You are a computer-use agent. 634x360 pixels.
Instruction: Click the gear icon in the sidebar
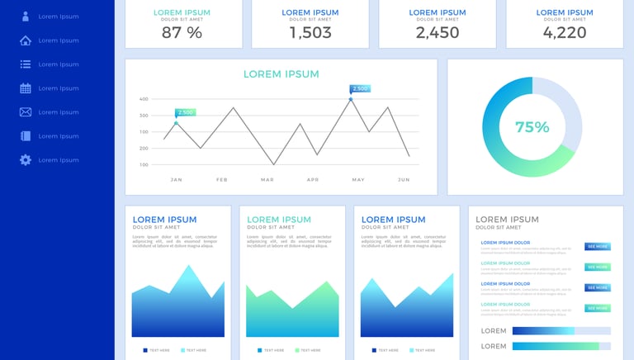click(x=26, y=160)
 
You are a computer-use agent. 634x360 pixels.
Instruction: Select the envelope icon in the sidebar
click(x=26, y=112)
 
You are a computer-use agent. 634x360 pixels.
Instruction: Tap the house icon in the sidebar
click(x=26, y=40)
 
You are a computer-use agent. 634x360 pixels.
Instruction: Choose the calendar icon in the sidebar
click(x=26, y=88)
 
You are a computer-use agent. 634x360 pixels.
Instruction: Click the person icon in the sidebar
click(x=26, y=17)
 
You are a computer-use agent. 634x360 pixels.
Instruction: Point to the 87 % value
click(x=182, y=32)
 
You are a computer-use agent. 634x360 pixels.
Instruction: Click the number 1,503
click(x=310, y=32)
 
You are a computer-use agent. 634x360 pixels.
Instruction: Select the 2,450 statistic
click(x=438, y=32)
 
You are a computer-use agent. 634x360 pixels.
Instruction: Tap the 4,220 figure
click(x=565, y=32)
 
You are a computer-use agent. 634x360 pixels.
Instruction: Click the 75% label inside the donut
click(x=532, y=127)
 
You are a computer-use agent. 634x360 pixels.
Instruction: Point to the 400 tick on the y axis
click(x=144, y=99)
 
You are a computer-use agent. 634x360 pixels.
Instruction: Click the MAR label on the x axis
click(x=267, y=179)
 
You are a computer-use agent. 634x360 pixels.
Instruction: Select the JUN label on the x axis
click(x=404, y=179)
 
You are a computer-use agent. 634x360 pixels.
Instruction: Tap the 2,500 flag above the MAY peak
click(x=360, y=88)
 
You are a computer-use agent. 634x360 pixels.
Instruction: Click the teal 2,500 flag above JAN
click(x=185, y=112)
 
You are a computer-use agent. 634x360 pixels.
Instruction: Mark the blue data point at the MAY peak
click(x=350, y=99)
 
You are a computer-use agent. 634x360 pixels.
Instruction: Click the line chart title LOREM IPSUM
click(x=281, y=74)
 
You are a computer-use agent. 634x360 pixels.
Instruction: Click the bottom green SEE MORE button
click(x=598, y=308)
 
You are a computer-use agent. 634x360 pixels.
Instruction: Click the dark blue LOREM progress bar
click(x=543, y=330)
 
